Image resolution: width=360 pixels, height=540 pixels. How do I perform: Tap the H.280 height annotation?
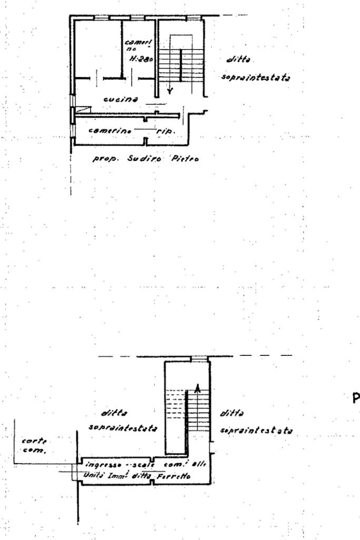(x=141, y=59)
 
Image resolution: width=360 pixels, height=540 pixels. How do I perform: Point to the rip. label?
(x=167, y=130)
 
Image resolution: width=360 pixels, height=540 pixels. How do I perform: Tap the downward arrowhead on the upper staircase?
(x=169, y=91)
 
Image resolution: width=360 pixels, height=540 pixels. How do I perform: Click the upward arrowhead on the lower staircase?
(x=198, y=388)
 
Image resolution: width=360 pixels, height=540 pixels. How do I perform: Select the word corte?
(x=32, y=441)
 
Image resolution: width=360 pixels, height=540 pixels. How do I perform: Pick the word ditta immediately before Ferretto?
(x=143, y=476)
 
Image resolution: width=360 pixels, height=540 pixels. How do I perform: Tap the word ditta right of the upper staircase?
(x=236, y=61)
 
